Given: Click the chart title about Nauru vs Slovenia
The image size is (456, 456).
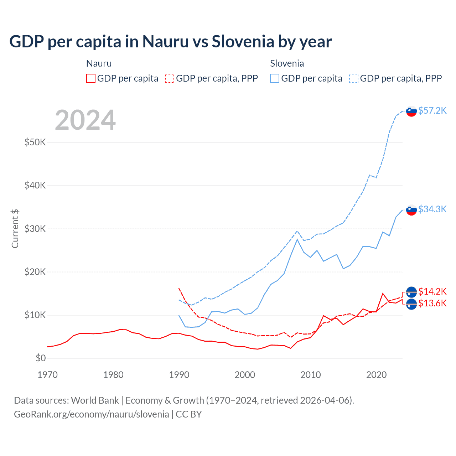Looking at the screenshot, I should click(x=170, y=42).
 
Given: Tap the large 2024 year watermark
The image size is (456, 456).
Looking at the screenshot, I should click(x=85, y=120).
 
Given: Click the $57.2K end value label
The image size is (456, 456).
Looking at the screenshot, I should click(x=432, y=110).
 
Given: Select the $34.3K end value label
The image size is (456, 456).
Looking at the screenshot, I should click(x=432, y=209).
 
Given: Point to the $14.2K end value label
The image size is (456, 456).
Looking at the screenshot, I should click(x=432, y=291).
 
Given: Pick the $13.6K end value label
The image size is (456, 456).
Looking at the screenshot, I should click(x=432, y=303).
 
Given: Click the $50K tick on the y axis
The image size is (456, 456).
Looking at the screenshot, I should click(x=35, y=142).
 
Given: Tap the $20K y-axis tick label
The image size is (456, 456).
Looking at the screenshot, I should click(x=35, y=272).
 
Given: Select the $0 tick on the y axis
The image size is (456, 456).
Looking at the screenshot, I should click(x=41, y=358).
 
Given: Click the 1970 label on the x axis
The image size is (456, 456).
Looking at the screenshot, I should click(x=47, y=375).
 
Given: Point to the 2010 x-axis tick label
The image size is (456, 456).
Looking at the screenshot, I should click(x=311, y=375).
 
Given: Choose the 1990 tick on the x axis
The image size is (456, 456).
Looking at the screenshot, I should click(x=179, y=375).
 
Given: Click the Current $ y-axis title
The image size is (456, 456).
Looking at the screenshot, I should click(x=15, y=229).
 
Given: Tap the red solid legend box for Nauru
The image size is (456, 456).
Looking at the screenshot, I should click(x=91, y=78).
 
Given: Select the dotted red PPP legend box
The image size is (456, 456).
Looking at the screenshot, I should click(x=170, y=78).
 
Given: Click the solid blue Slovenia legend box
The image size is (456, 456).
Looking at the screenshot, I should click(x=275, y=78).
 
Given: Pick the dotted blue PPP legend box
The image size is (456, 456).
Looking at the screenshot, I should click(x=354, y=78).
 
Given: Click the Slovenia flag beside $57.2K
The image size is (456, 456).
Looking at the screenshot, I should click(x=411, y=111).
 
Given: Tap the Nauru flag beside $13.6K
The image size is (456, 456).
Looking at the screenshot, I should click(x=411, y=304).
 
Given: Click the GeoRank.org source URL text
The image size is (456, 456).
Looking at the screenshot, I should click(x=92, y=414).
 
